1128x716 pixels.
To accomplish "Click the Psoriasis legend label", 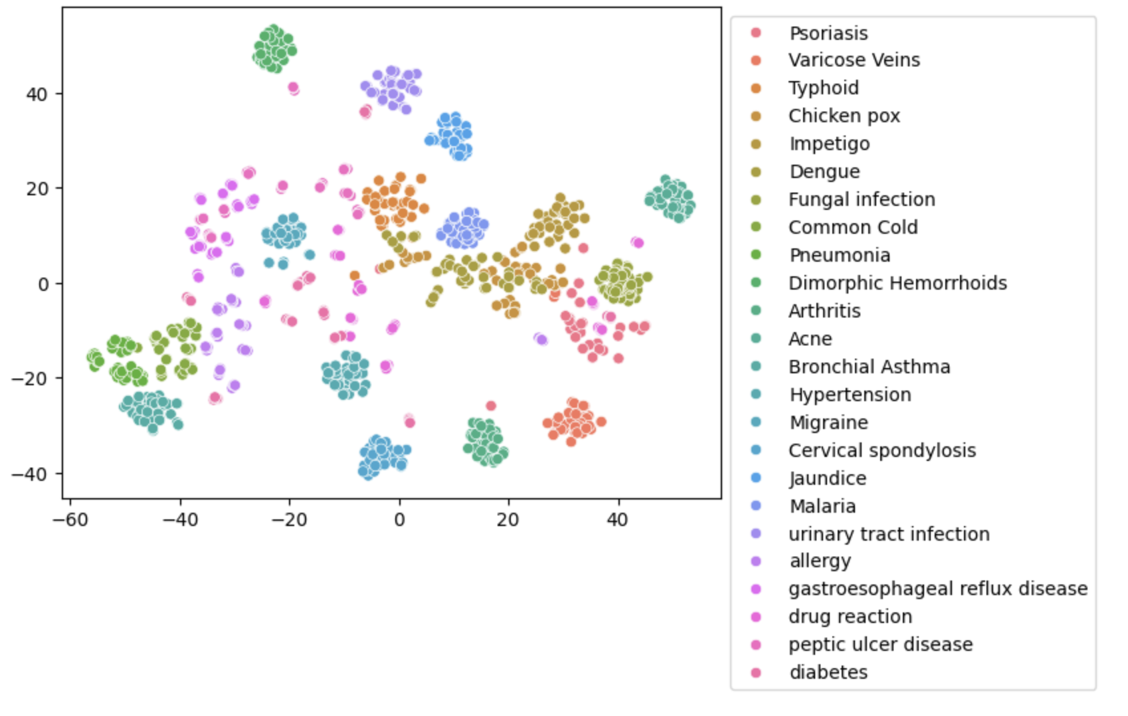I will (x=828, y=33).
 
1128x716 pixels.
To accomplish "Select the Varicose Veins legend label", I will (x=854, y=60).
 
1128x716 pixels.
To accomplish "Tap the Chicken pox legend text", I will (x=844, y=116).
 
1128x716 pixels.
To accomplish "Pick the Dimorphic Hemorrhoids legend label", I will (x=897, y=284).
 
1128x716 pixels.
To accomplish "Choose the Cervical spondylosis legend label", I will (x=882, y=451).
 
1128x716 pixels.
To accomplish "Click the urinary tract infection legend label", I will (x=889, y=535).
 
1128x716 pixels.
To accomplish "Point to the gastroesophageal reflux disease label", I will (x=937, y=589).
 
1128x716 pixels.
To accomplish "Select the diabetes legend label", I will (x=828, y=673).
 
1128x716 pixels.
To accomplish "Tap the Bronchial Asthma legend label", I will (x=869, y=367).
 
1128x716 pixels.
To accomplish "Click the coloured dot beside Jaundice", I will (x=755, y=478).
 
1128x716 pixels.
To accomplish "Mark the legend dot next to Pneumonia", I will (x=755, y=255).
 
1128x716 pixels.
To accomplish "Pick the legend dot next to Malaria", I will (x=755, y=506).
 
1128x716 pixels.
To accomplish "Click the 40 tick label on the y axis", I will (x=37, y=94).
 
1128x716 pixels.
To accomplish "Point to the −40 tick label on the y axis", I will (x=30, y=474).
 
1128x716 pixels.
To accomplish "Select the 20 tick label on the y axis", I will (x=37, y=189).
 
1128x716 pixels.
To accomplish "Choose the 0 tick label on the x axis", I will (x=399, y=520).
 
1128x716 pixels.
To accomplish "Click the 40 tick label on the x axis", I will (x=617, y=520).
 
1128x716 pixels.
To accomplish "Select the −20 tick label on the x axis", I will (x=289, y=520).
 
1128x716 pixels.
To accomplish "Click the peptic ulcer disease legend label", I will (x=880, y=645).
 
